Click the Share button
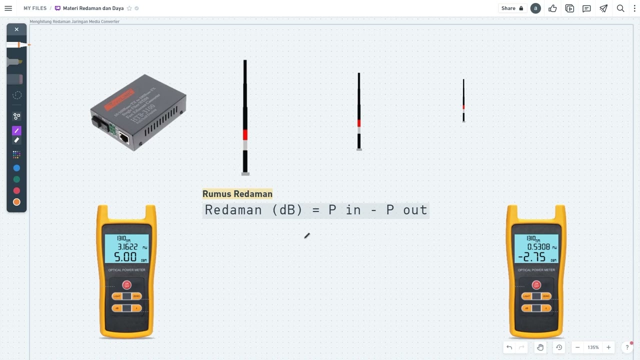point(512,8)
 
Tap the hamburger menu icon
point(8,8)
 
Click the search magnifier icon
point(620,8)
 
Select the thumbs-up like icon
point(552,8)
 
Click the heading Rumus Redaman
point(237,194)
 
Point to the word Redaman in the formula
point(233,210)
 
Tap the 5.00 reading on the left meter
point(125,257)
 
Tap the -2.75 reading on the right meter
point(531,257)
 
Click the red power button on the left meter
point(126,285)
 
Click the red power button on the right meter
point(536,285)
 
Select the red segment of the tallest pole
point(245,134)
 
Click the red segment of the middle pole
point(359,123)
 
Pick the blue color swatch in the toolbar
point(16,168)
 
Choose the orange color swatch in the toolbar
point(16,202)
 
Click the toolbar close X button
point(16,29)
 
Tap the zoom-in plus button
point(608,347)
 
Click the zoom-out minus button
point(577,347)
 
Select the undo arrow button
point(509,347)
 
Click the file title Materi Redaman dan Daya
point(93,8)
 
